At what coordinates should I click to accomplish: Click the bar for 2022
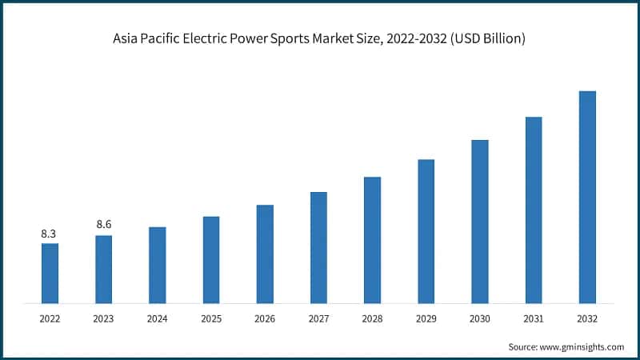(50, 273)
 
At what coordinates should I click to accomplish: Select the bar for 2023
(103, 270)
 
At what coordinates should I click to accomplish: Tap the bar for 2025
(211, 260)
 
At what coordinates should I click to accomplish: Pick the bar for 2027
(318, 247)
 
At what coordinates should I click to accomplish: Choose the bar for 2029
(426, 231)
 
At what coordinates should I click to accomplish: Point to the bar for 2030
(480, 222)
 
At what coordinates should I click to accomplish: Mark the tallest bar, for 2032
(587, 197)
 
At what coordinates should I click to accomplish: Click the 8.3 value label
(50, 234)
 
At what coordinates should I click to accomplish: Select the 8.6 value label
(103, 225)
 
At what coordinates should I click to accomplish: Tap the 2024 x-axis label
(158, 318)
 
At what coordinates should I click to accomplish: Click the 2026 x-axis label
(265, 318)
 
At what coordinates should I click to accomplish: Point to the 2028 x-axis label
(372, 318)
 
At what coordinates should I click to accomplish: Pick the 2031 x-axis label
(534, 318)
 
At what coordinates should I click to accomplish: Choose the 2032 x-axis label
(587, 318)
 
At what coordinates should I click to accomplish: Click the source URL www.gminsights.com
(582, 346)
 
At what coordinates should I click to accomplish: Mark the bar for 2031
(534, 210)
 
